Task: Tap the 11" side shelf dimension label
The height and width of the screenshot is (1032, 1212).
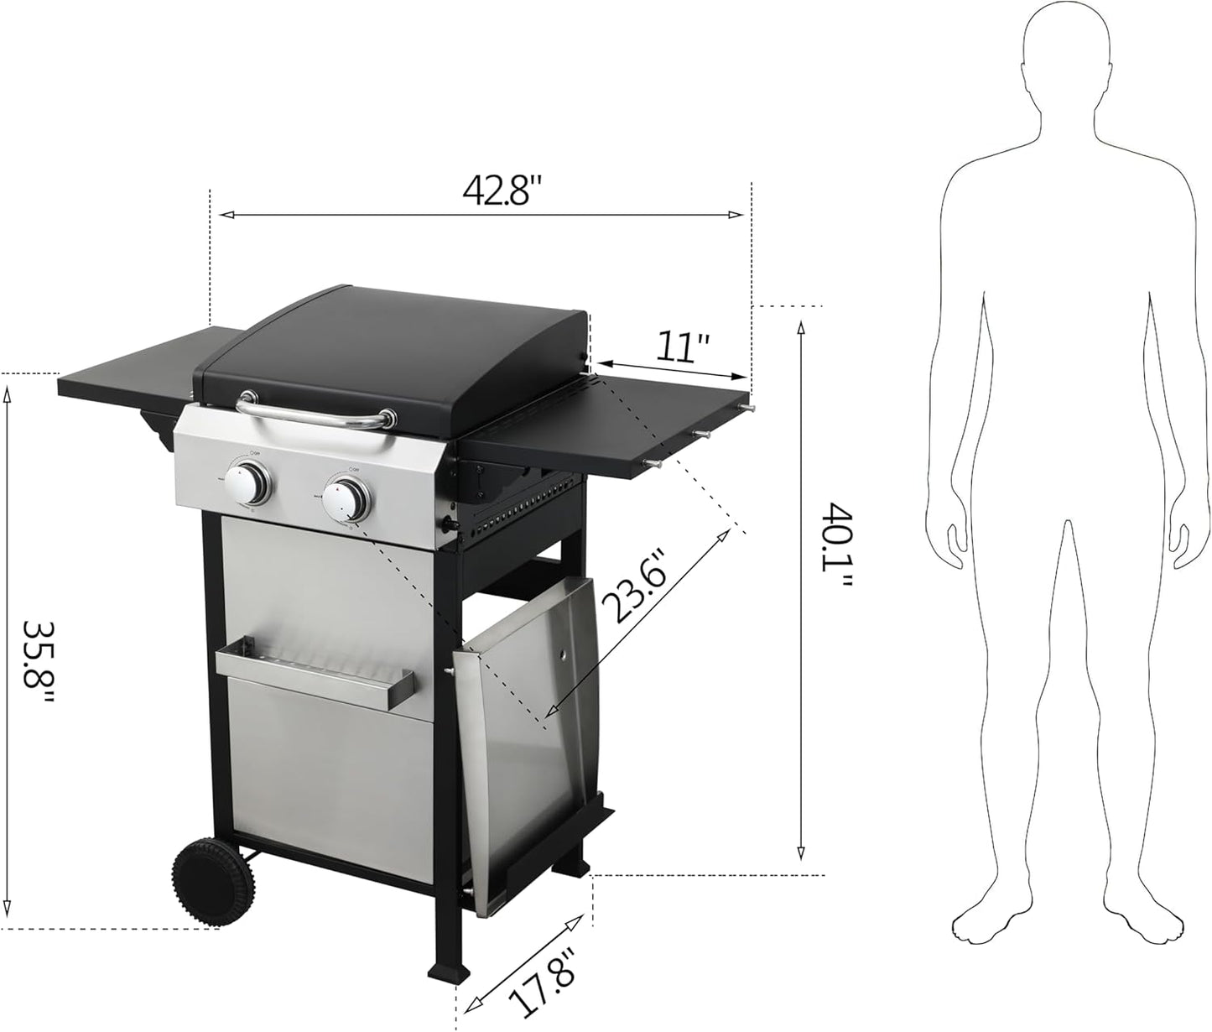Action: click(x=681, y=347)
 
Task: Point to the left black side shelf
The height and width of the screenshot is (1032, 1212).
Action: click(x=126, y=378)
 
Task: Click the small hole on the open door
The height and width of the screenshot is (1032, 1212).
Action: click(x=564, y=654)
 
